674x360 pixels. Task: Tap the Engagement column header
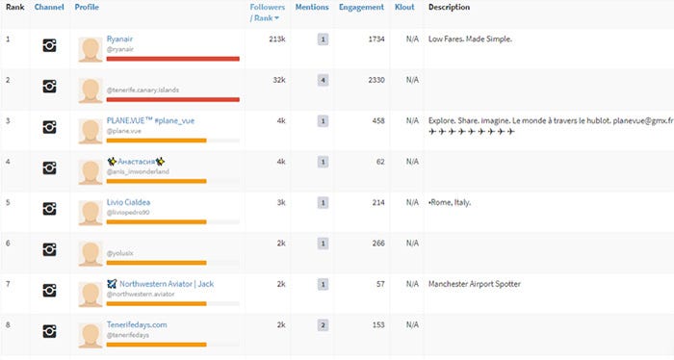coord(361,8)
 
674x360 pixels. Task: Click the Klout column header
coord(404,8)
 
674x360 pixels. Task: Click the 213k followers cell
coord(277,39)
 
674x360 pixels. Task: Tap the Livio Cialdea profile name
coord(128,201)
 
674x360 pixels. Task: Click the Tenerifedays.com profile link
coord(137,324)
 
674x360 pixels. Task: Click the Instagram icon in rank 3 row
coord(49,127)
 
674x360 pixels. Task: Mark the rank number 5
coord(8,202)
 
